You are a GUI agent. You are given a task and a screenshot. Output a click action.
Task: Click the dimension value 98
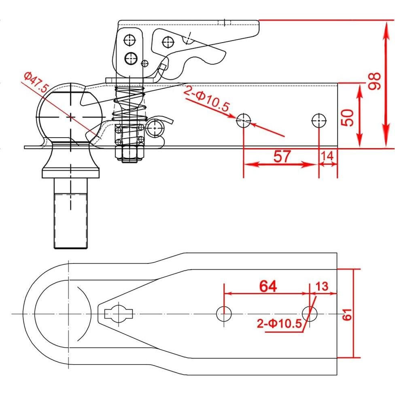pyautogui.click(x=375, y=81)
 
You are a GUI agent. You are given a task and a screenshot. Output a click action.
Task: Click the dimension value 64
pyautogui.click(x=268, y=286)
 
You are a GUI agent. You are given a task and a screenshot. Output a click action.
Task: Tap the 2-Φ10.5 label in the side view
pyautogui.click(x=206, y=100)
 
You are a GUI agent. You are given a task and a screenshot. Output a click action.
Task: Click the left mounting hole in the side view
pyautogui.click(x=244, y=120)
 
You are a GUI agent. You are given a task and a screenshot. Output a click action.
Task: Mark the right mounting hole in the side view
pyautogui.click(x=319, y=120)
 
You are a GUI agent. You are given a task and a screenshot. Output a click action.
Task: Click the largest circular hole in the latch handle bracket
pyautogui.click(x=130, y=58)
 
